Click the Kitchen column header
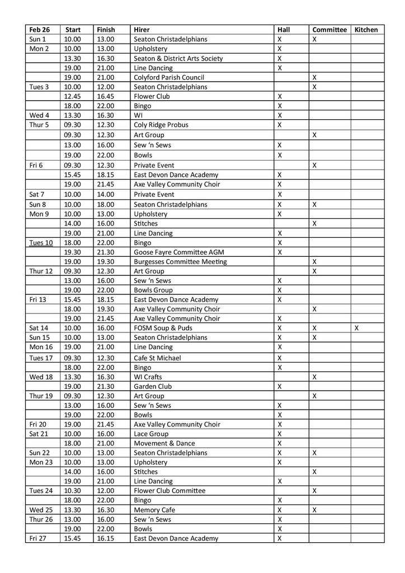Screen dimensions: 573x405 [x=366, y=30]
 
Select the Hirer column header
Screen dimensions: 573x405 [x=142, y=30]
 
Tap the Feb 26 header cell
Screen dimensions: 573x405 [x=40, y=30]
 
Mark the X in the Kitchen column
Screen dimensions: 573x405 [x=357, y=328]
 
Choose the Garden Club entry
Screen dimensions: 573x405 [x=153, y=387]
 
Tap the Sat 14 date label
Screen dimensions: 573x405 [x=39, y=328]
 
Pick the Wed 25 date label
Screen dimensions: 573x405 [x=40, y=510]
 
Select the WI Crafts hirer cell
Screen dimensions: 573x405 [x=150, y=377]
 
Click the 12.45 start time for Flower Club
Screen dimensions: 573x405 [x=73, y=96]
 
